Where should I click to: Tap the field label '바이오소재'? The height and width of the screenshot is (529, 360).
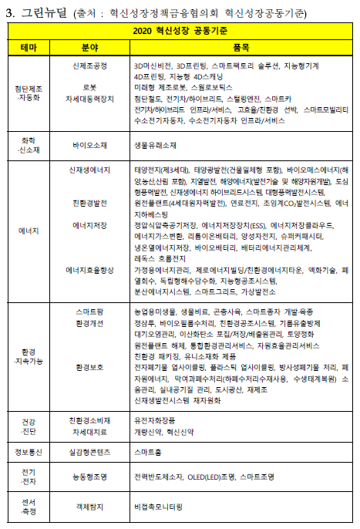tap(90, 143)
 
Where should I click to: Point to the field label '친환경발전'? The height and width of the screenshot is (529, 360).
tap(90, 203)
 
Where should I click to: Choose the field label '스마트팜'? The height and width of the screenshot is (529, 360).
tap(90, 311)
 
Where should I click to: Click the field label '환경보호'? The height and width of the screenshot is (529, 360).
tap(90, 369)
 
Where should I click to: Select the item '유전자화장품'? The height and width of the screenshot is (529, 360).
tap(157, 419)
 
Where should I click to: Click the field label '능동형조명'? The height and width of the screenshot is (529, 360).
tap(90, 477)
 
